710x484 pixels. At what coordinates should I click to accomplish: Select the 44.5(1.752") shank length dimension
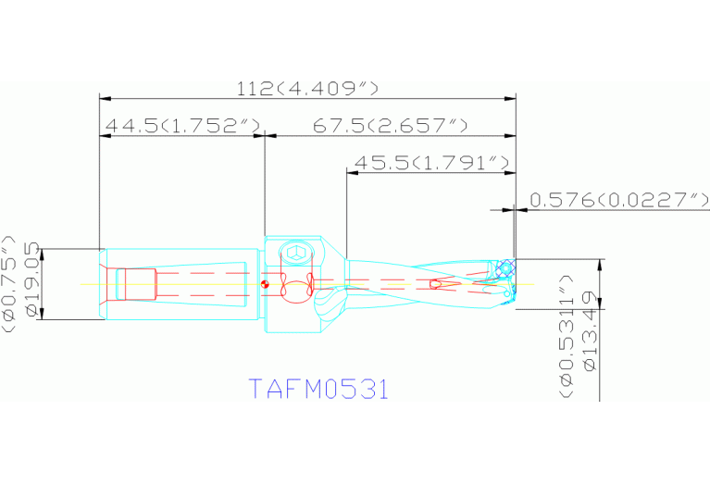coord(181,126)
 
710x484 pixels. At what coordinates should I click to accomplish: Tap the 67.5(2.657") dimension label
coord(389,126)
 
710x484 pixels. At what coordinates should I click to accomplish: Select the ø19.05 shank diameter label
coord(34,280)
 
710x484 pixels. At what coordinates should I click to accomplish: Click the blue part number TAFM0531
coord(318,389)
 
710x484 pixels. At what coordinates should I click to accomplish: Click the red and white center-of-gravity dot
coord(265,284)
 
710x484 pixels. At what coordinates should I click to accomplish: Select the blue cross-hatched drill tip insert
coord(504,269)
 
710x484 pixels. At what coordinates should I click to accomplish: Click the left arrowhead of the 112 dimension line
coord(105,97)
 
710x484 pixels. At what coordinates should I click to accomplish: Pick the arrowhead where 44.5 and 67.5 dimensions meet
coord(266,135)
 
